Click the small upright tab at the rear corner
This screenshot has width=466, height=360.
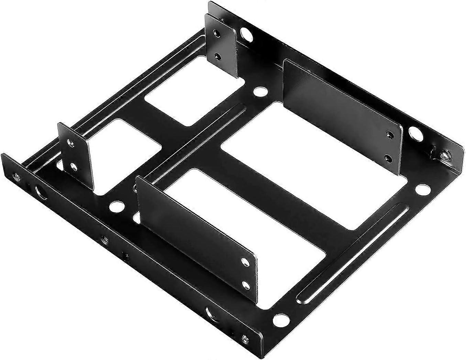pyautogui.click(x=220, y=45)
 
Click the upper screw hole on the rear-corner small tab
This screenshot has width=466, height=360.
pyautogui.click(x=217, y=33)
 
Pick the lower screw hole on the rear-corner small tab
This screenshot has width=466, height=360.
pyautogui.click(x=217, y=56)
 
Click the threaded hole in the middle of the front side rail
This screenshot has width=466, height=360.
pyautogui.click(x=103, y=238)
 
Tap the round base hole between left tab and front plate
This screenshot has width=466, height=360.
pyautogui.click(x=115, y=207)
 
